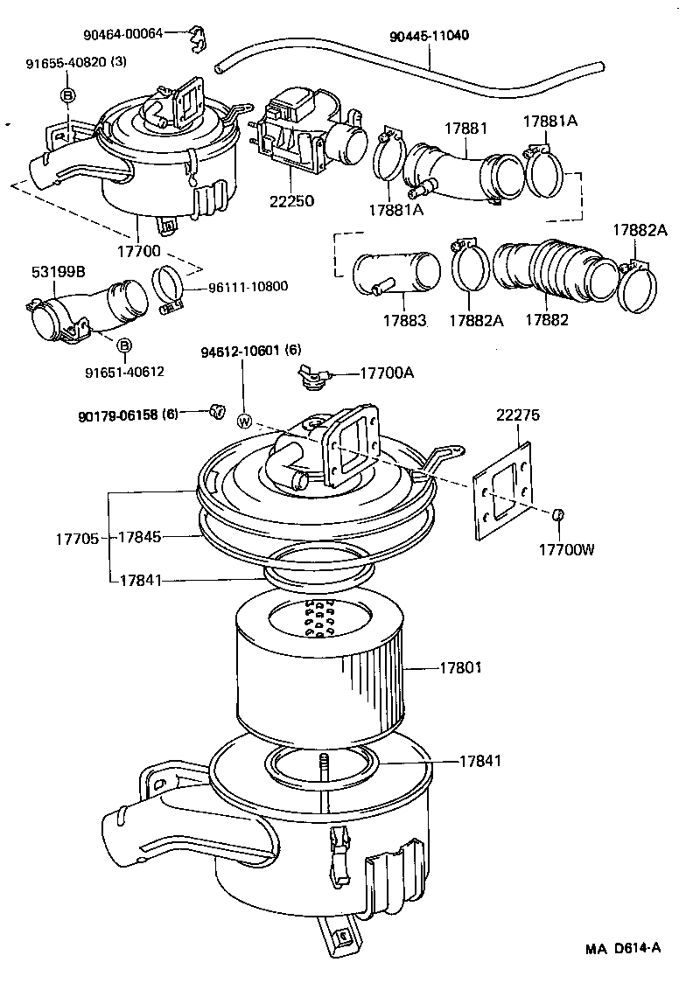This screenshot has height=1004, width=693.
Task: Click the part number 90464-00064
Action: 123,34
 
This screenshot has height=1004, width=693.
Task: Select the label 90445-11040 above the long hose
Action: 430,36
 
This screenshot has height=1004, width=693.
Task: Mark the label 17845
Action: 140,537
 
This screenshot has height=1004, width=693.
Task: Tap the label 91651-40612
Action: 124,372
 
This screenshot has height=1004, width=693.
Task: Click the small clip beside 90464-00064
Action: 199,38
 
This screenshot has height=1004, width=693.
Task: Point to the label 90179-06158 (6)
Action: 128,415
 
